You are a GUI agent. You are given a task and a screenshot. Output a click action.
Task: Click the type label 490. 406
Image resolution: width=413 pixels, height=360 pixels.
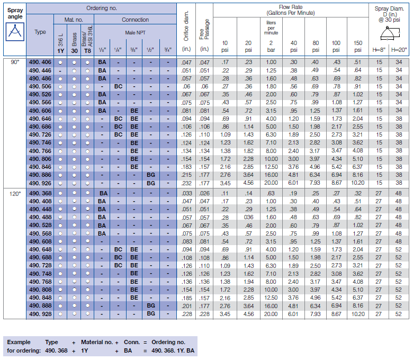pyautogui.click(x=40, y=62)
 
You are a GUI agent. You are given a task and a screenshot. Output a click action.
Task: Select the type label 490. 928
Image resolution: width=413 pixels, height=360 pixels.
pyautogui.click(x=40, y=314)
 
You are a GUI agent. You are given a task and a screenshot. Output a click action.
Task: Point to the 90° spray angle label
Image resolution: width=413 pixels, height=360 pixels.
pyautogui.click(x=14, y=62)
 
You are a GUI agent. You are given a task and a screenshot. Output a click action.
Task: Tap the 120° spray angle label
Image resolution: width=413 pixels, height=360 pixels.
pyautogui.click(x=14, y=193)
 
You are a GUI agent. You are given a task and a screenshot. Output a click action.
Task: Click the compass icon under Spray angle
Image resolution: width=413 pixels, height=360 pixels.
pyautogui.click(x=14, y=32)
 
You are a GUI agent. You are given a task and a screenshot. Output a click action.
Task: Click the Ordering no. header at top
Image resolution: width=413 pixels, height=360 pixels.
pyautogui.click(x=102, y=8)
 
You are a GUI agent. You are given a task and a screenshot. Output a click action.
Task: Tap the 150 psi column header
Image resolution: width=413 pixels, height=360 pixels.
pyautogui.click(x=358, y=46)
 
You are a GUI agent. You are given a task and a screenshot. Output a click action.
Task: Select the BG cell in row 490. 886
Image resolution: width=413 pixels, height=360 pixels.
pyautogui.click(x=151, y=174)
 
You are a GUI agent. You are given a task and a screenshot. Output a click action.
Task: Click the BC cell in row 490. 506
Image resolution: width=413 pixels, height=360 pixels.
pyautogui.click(x=118, y=86)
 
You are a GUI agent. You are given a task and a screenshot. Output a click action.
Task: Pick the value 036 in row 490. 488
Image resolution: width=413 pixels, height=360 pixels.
pyautogui.click(x=248, y=217)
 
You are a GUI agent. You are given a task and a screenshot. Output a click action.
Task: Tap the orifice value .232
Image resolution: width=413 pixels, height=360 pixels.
pyautogui.click(x=186, y=183)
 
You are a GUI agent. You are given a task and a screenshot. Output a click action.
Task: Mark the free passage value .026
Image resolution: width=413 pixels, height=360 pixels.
pyautogui.click(x=204, y=193)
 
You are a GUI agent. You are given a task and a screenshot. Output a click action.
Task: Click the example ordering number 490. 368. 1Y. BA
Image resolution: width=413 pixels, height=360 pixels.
pyautogui.click(x=174, y=350)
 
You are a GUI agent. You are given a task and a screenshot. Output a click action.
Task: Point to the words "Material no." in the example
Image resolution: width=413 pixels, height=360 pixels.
pyautogui.click(x=99, y=342)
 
